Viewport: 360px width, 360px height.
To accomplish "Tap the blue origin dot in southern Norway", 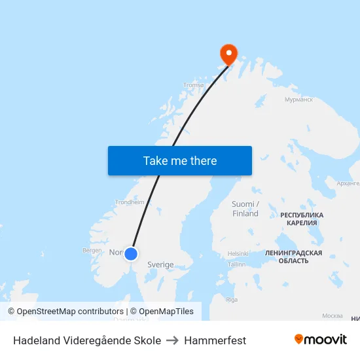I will pyautogui.click(x=131, y=254).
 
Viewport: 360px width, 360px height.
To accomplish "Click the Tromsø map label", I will pyautogui.click(x=194, y=85).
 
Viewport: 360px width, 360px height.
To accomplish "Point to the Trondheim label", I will pyautogui.click(x=130, y=202).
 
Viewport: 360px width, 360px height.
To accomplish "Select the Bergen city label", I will pyautogui.click(x=92, y=250).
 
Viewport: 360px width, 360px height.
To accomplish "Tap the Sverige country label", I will pyautogui.click(x=160, y=265).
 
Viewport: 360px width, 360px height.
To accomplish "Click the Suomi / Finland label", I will pyautogui.click(x=245, y=209).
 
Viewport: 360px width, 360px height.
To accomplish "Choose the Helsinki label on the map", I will pyautogui.click(x=238, y=253).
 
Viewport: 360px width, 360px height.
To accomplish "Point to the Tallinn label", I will pyautogui.click(x=237, y=264).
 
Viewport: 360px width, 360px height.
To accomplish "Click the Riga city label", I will pyautogui.click(x=232, y=300).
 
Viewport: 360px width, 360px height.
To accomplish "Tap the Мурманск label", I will pyautogui.click(x=299, y=100).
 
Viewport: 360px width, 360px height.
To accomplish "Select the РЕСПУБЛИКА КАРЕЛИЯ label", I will pyautogui.click(x=302, y=219).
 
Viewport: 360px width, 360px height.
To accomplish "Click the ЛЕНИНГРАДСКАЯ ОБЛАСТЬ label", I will pyautogui.click(x=293, y=257).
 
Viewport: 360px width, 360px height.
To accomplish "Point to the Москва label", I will pyautogui.click(x=333, y=316).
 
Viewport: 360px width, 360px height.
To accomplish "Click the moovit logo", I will pyautogui.click(x=321, y=340).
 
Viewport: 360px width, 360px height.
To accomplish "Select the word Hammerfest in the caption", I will pyautogui.click(x=215, y=340).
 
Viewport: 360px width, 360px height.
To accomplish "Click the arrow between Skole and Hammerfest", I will pyautogui.click(x=173, y=340).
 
